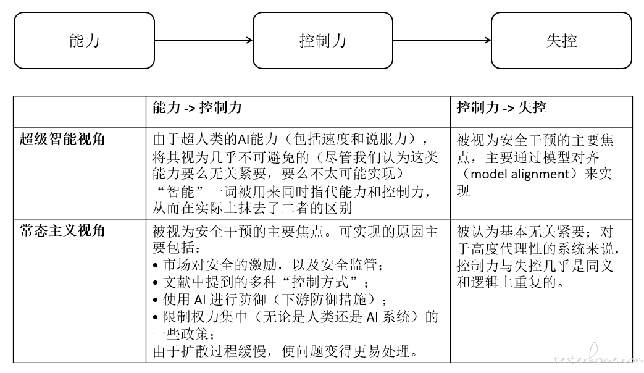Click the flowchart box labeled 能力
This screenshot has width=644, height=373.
point(84,40)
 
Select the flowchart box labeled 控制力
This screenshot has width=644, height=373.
point(323,40)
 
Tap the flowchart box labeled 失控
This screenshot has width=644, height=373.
point(561,40)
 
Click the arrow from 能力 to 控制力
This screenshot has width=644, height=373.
point(204,40)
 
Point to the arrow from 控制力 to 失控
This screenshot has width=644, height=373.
point(442,40)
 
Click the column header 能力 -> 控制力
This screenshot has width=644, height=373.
point(197,107)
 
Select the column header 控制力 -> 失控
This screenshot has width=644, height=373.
point(501,107)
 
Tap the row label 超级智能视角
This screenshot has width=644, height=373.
point(62,140)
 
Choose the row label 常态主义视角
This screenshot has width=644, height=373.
point(62,230)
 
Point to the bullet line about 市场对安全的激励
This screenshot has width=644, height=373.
point(269,265)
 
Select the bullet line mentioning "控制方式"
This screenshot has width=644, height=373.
point(261,282)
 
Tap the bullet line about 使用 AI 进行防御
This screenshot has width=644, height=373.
point(269,300)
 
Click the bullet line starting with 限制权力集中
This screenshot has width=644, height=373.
point(295,325)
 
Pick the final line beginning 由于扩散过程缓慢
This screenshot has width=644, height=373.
point(286,351)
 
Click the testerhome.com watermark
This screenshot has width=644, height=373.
point(598,359)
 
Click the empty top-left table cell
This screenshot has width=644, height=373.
point(80,112)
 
